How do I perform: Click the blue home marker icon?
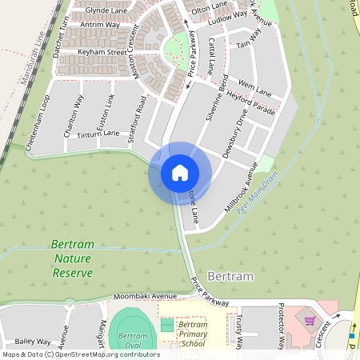click(x=179, y=172)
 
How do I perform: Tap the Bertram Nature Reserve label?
click(x=72, y=258)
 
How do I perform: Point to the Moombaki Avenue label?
click(x=143, y=296)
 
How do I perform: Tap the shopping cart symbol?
click(x=309, y=321)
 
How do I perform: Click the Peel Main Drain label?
click(x=257, y=191)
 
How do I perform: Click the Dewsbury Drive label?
click(x=237, y=138)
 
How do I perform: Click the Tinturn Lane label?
click(x=98, y=134)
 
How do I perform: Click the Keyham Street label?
click(x=102, y=52)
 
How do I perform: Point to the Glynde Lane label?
click(x=106, y=10)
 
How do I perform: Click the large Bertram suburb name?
click(x=230, y=276)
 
